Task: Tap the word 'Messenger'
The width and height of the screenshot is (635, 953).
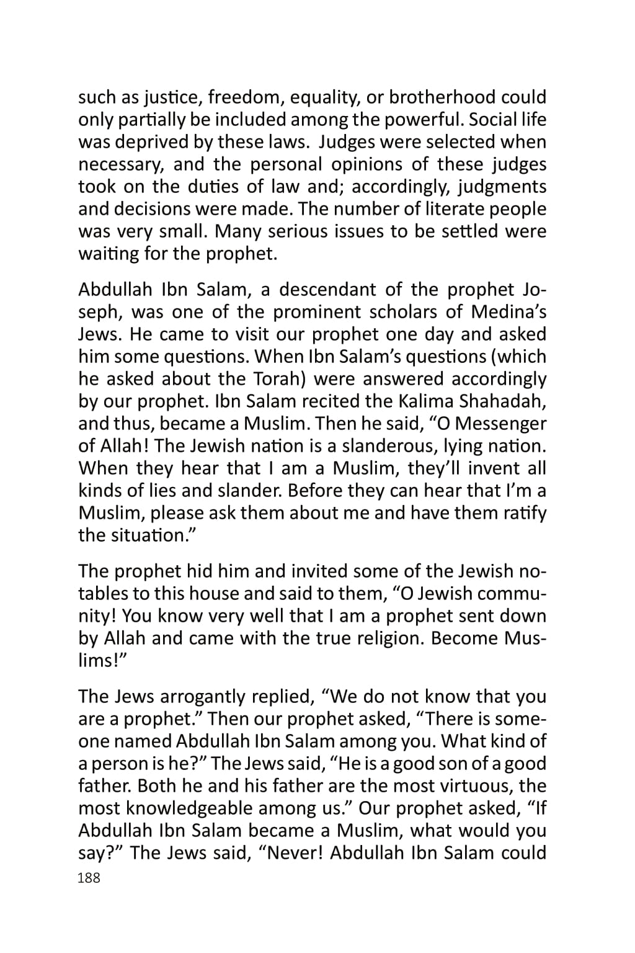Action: point(495,424)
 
